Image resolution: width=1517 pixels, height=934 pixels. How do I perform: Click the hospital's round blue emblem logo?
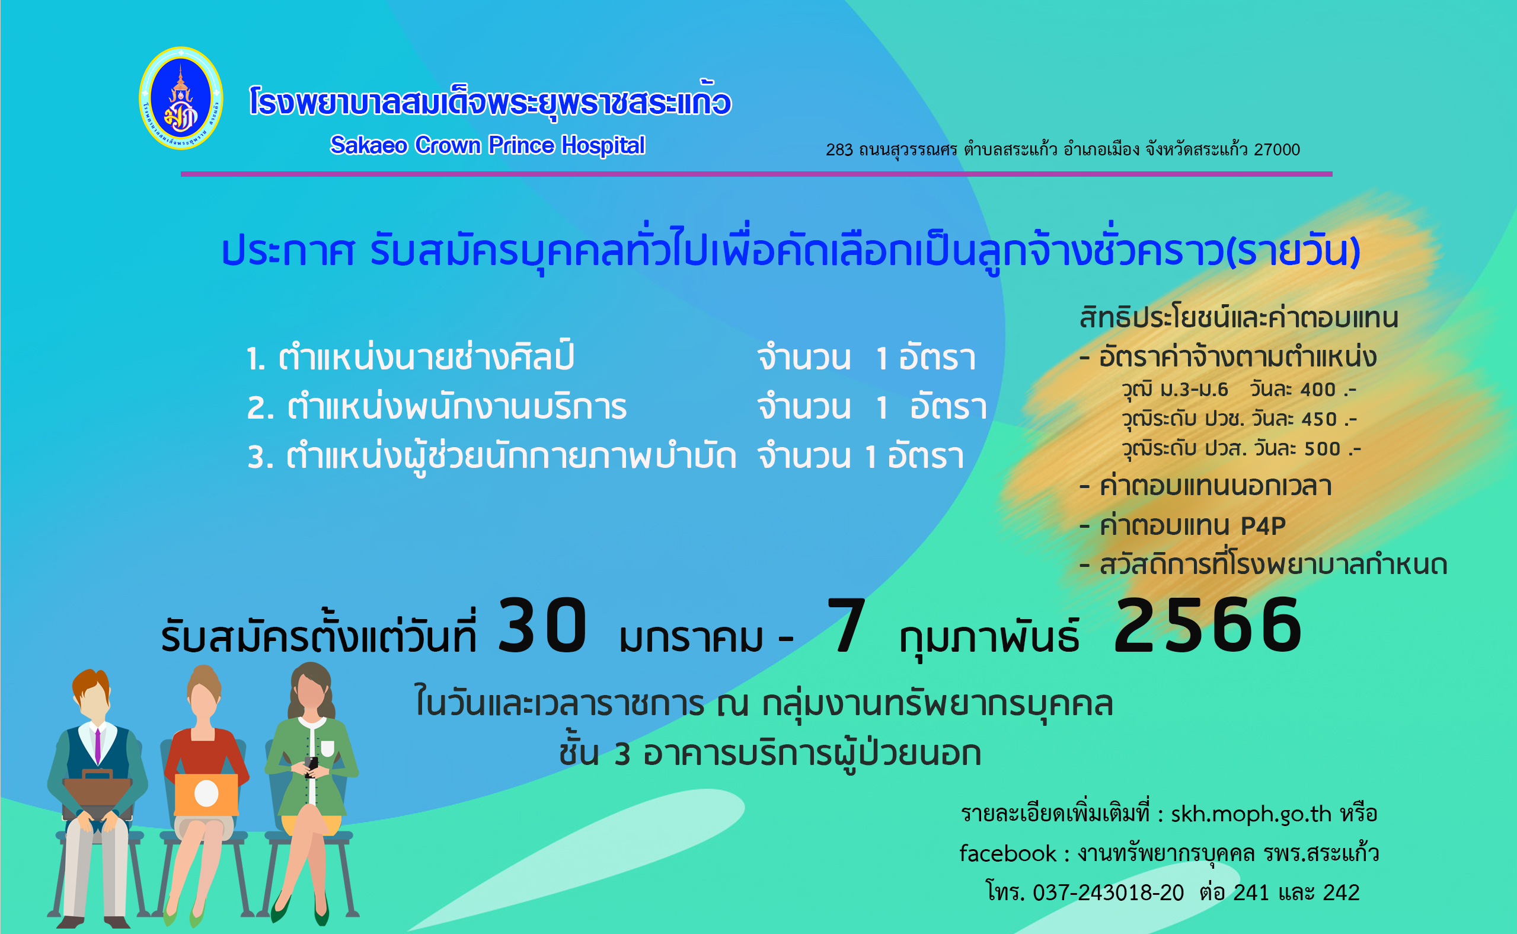pos(181,98)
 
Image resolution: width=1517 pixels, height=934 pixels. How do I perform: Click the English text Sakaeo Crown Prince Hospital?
pos(487,145)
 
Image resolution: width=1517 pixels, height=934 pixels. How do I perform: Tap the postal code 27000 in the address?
pos(1277,149)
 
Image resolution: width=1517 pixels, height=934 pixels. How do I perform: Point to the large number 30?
pos(542,626)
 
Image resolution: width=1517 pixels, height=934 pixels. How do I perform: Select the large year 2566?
pos(1208,626)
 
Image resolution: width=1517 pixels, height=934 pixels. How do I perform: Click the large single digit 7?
pos(847,626)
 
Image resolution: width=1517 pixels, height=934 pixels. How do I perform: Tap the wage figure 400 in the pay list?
pos(1318,390)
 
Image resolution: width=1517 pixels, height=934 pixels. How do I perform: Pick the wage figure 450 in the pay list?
pos(1320,419)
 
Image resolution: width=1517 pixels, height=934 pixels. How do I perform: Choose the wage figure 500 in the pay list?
pos(1323,449)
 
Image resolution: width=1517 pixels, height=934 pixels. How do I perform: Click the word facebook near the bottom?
pos(1008,854)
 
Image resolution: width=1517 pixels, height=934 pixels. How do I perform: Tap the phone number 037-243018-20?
pos(1109,893)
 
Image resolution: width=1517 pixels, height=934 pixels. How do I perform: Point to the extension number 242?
pos(1342,893)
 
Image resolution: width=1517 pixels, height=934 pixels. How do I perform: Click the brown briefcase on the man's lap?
pos(98,794)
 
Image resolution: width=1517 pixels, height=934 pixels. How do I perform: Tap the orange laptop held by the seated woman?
pos(206,795)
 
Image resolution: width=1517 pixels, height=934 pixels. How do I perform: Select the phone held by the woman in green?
pos(312,764)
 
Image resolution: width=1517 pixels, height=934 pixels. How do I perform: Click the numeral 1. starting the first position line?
pos(256,359)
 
